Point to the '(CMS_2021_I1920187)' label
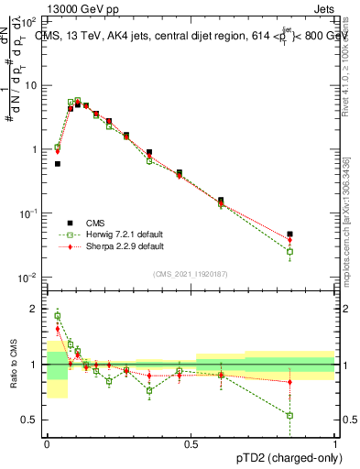190,274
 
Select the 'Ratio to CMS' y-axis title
12,365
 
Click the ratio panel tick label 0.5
32,420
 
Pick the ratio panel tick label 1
36,365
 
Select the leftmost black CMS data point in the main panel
58,164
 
